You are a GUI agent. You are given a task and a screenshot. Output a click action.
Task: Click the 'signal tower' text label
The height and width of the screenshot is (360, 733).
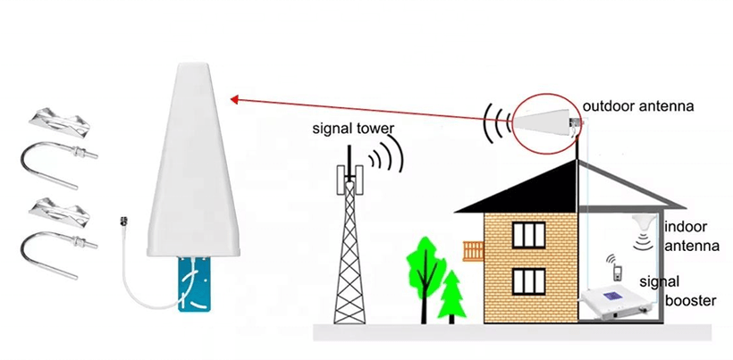coord(353,128)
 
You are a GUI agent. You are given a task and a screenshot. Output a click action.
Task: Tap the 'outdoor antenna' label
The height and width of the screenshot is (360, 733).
coord(638,106)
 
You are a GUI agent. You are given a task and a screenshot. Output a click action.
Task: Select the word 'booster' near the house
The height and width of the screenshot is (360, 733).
coord(690,300)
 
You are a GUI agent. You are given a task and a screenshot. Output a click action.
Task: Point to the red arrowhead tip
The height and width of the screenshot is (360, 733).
coord(231,98)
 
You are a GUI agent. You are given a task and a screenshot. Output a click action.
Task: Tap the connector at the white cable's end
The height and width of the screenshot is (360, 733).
coord(124,221)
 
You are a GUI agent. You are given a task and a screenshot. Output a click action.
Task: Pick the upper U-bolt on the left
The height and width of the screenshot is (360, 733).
coord(58,163)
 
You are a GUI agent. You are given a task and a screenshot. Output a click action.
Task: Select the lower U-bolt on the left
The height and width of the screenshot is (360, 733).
coord(58,255)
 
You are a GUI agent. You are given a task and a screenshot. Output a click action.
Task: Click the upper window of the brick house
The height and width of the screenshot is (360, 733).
coord(528,235)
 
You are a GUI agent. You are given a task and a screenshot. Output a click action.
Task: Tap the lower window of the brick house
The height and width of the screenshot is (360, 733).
coord(528,281)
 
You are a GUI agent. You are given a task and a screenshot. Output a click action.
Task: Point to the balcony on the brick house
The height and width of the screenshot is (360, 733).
coord(473,251)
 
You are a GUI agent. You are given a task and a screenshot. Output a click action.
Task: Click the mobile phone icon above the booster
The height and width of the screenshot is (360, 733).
coord(618,272)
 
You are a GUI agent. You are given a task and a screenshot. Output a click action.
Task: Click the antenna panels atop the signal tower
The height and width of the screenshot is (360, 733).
coord(349,180)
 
